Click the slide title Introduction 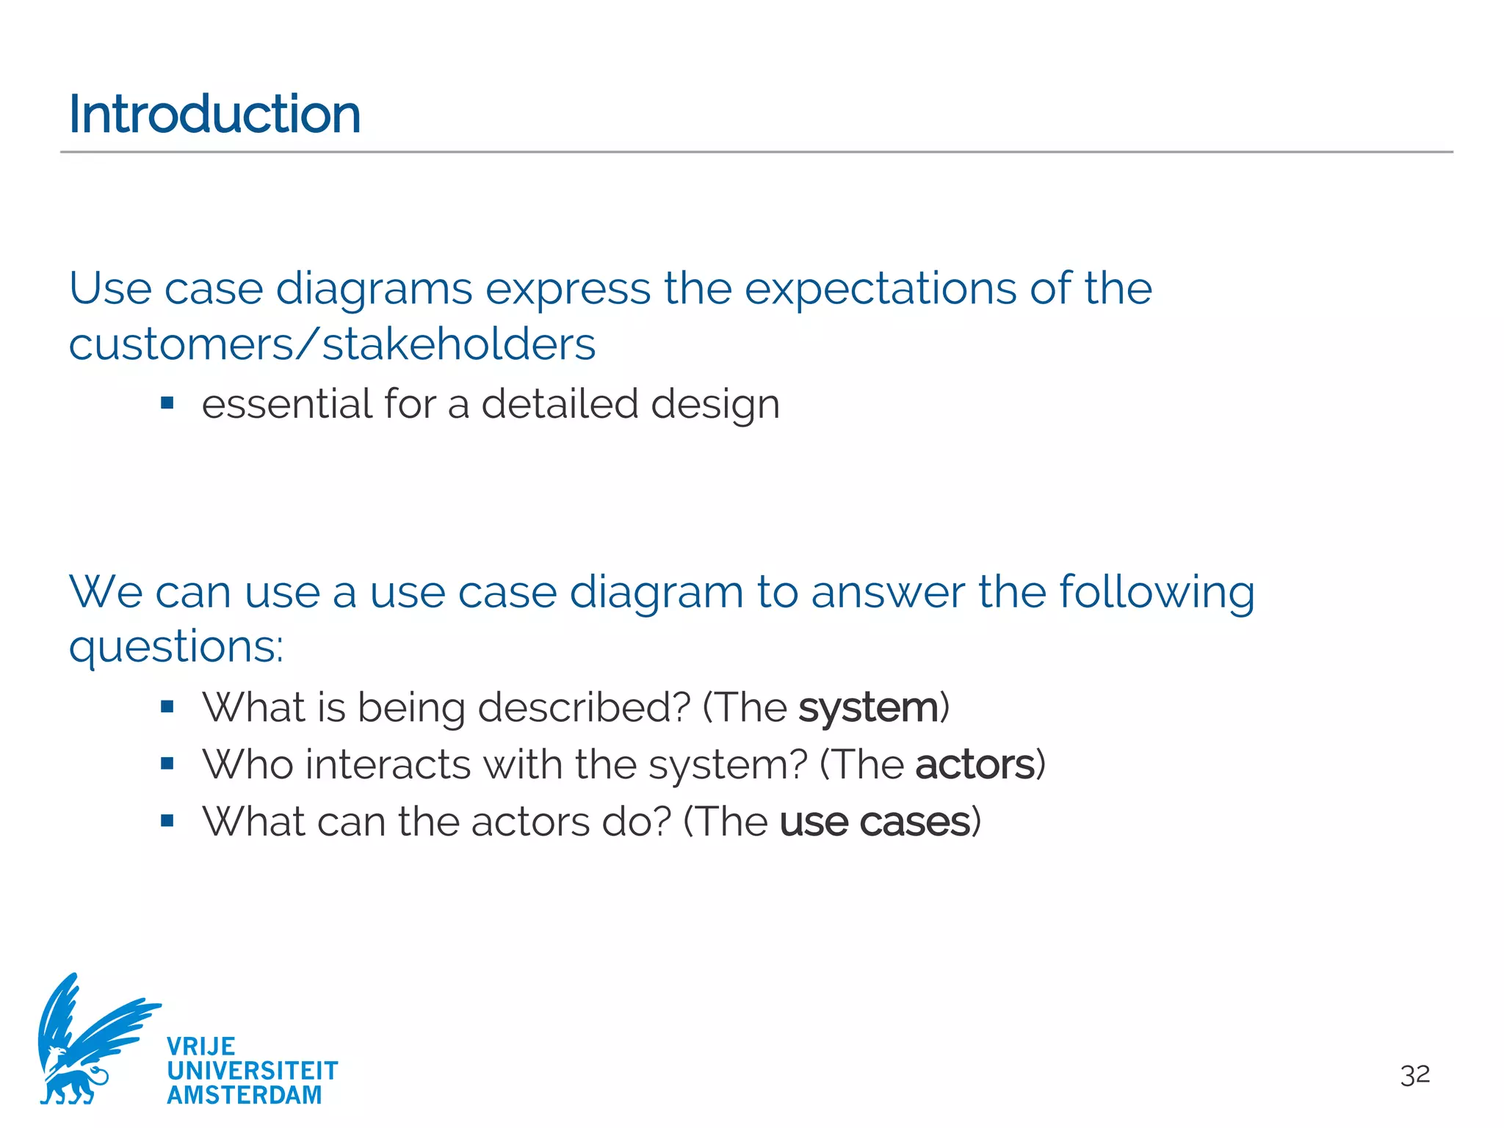(x=214, y=115)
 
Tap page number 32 (x=1414, y=1076)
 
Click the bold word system (x=868, y=708)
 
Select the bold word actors (x=975, y=765)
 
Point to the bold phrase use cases (x=875, y=822)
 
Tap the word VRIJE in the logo (x=201, y=1046)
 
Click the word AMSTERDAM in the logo (x=245, y=1095)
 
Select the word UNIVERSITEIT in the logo (x=252, y=1071)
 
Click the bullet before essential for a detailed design (x=167, y=402)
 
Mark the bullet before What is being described (x=167, y=706)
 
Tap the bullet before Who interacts (x=167, y=764)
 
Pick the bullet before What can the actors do (x=167, y=820)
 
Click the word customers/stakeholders (x=332, y=344)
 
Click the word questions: (x=176, y=648)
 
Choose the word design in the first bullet (x=715, y=405)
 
